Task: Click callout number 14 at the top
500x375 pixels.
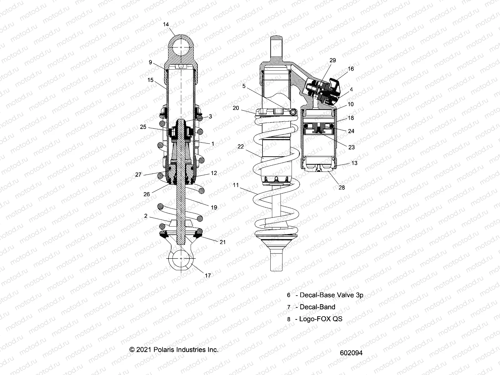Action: point(166,24)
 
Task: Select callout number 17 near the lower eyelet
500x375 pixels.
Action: point(208,275)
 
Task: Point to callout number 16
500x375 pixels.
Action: point(351,69)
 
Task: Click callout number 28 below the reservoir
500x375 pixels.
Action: point(342,187)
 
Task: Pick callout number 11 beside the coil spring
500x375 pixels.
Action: point(236,185)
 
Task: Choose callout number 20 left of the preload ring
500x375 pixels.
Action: point(236,108)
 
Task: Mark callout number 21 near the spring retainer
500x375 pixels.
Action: point(222,242)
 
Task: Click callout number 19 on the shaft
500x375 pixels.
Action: point(214,207)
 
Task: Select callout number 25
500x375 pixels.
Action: point(143,127)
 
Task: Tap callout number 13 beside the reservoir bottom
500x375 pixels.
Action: point(354,163)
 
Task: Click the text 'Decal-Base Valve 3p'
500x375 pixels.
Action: point(331,295)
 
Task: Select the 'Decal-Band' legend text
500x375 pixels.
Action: point(317,307)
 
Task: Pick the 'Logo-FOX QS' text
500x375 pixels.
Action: point(321,319)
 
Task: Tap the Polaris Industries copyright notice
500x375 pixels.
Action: point(174,350)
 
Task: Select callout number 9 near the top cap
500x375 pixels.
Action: point(150,62)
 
